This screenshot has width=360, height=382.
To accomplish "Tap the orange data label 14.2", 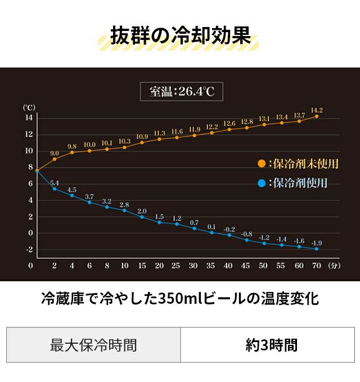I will tap(317, 110).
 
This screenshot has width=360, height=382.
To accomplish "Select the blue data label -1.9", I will tap(317, 243).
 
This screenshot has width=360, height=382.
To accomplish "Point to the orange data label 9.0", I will tap(55, 153).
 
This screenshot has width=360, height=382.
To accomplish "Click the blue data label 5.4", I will tap(55, 183).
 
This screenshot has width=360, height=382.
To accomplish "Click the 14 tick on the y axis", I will tap(29, 118).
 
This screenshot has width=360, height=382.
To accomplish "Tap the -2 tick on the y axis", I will tap(29, 249).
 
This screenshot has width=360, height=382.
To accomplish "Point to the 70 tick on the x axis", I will tap(317, 266).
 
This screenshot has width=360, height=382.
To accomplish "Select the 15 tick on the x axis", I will tap(142, 266).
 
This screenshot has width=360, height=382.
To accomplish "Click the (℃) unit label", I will tap(29, 107).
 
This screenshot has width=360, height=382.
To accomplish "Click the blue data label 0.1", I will tap(211, 227).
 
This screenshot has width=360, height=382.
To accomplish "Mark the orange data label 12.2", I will tap(212, 127).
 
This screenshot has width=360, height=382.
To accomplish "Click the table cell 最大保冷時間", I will tap(93, 344).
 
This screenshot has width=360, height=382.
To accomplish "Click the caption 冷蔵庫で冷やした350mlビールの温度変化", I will tap(180, 298).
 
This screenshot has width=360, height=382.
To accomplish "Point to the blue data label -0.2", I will tap(229, 230).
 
